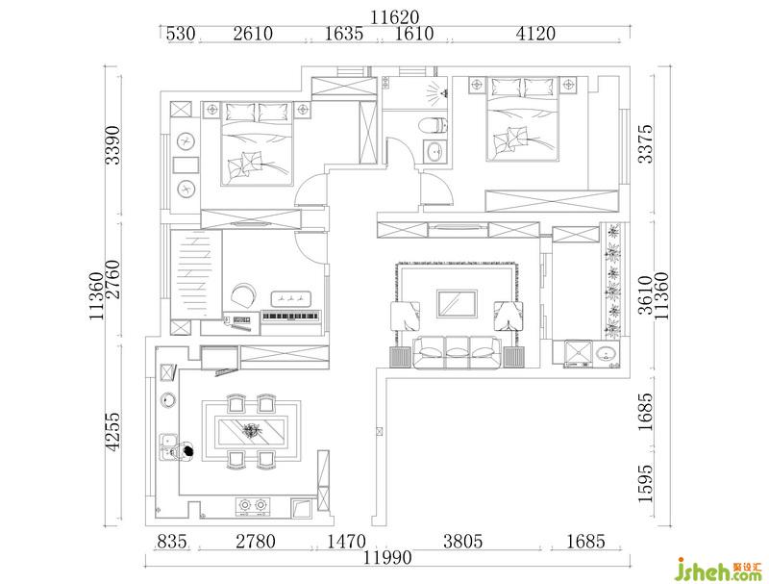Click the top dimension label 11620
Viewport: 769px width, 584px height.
point(395,18)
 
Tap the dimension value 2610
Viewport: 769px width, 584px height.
point(253,34)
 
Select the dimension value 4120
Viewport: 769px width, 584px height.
point(536,34)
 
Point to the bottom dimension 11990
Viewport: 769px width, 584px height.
point(387,558)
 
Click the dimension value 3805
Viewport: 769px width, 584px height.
point(463,542)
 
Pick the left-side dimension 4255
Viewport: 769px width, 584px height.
point(112,431)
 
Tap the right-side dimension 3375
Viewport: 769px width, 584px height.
point(646,143)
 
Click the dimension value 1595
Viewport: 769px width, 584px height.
point(646,483)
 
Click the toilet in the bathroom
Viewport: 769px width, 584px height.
point(434,125)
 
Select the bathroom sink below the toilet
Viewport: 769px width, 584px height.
point(435,150)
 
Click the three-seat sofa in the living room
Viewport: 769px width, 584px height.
point(458,351)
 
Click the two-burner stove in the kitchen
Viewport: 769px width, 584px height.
point(253,507)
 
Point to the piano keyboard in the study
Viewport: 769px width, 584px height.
point(291,317)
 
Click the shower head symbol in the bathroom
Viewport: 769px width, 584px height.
point(436,91)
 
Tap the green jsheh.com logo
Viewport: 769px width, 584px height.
point(719,571)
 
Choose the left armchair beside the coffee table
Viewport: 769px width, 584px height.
point(405,317)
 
